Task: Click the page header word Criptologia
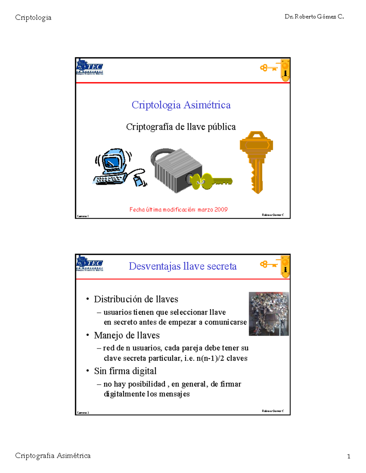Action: (x=33, y=18)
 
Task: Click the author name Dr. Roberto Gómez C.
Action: (x=314, y=17)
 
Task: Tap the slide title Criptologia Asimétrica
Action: (x=181, y=105)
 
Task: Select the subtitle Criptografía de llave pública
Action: (x=181, y=127)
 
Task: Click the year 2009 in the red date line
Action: (x=221, y=210)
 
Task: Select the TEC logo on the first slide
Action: (x=90, y=67)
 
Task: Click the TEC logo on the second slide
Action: (x=90, y=263)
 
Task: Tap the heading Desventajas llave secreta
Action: (x=182, y=266)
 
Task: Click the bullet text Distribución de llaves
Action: (x=136, y=299)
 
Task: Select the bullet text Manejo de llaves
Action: (x=127, y=335)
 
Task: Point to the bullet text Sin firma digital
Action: (x=125, y=371)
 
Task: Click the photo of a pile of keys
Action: (x=269, y=314)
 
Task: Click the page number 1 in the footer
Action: (x=349, y=456)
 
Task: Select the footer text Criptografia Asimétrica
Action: (x=53, y=456)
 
